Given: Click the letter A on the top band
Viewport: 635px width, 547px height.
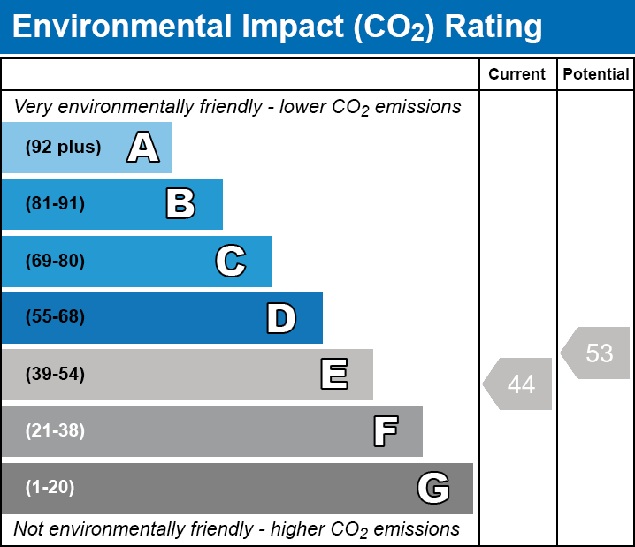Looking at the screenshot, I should pyautogui.click(x=143, y=148).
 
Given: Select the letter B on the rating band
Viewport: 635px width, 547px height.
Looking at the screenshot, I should pyautogui.click(x=180, y=204).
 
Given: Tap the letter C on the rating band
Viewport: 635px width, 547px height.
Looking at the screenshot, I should pyautogui.click(x=231, y=261).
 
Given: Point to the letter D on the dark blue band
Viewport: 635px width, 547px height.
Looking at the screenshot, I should pyautogui.click(x=281, y=318).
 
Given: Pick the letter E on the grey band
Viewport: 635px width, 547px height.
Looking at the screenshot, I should pyautogui.click(x=333, y=375).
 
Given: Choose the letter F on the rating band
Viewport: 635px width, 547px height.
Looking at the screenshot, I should pyautogui.click(x=385, y=431).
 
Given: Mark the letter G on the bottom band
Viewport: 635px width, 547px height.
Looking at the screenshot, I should pyautogui.click(x=433, y=488).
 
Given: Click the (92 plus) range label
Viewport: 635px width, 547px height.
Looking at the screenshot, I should pyautogui.click(x=63, y=148).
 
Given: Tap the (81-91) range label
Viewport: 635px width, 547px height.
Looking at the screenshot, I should pyautogui.click(x=55, y=204).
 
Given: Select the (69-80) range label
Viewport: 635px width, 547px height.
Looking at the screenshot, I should pyautogui.click(x=55, y=261).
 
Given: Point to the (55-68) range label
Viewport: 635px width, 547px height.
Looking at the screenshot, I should pyautogui.click(x=55, y=317).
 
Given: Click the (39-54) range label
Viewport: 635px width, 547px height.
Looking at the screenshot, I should pyautogui.click(x=55, y=375).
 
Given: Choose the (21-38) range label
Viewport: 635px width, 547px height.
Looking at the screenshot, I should pyautogui.click(x=55, y=431).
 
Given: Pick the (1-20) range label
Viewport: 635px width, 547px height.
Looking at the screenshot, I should pyautogui.click(x=50, y=488).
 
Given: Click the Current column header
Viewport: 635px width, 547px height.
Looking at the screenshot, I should pyautogui.click(x=517, y=75).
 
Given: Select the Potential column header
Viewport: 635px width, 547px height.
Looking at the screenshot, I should pyautogui.click(x=596, y=75).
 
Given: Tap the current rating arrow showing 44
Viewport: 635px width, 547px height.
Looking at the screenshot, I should pyautogui.click(x=519, y=384).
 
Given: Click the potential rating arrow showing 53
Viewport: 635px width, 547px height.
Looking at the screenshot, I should pyautogui.click(x=597, y=353).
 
